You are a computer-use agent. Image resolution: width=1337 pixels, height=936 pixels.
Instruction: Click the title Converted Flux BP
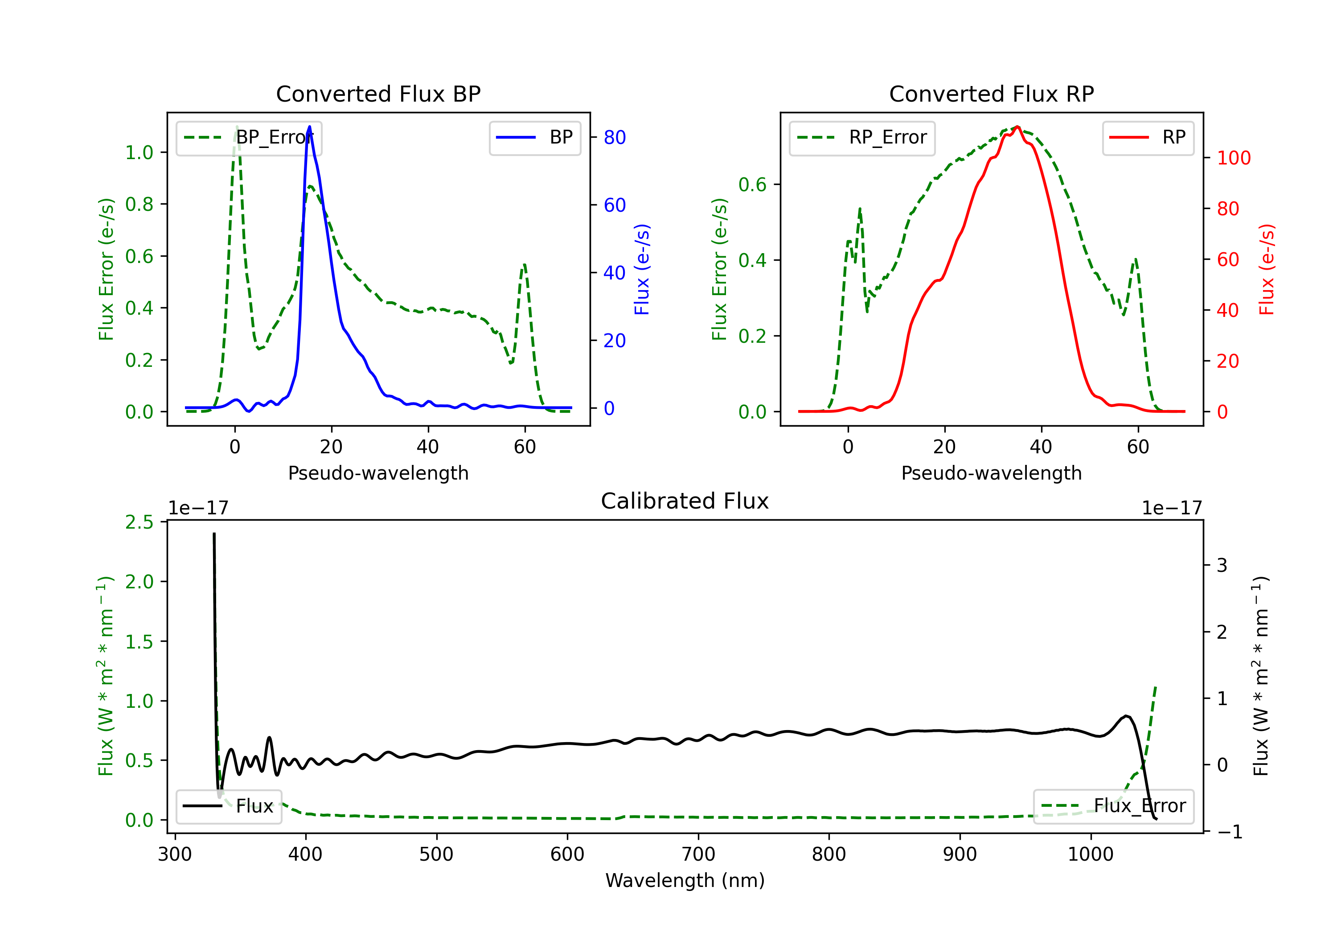pos(378,94)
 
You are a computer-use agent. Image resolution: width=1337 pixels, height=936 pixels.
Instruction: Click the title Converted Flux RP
pos(991,94)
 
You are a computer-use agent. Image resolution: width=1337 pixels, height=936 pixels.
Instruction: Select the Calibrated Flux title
pos(685,501)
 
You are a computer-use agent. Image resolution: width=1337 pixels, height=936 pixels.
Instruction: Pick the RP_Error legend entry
pos(862,137)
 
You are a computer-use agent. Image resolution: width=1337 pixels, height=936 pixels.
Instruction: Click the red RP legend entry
pos(1148,137)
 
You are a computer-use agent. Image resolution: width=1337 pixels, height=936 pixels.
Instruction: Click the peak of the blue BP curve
pos(309,127)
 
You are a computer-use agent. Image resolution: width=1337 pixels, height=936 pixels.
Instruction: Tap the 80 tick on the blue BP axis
pos(614,137)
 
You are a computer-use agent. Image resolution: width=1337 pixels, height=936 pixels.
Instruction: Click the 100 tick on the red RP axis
pos(1233,158)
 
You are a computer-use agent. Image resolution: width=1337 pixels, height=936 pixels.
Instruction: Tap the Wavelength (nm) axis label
pos(685,880)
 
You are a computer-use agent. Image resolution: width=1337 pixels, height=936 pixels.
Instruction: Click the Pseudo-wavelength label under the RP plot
pos(991,473)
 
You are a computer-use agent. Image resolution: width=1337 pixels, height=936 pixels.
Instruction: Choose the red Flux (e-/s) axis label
pos(1267,269)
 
